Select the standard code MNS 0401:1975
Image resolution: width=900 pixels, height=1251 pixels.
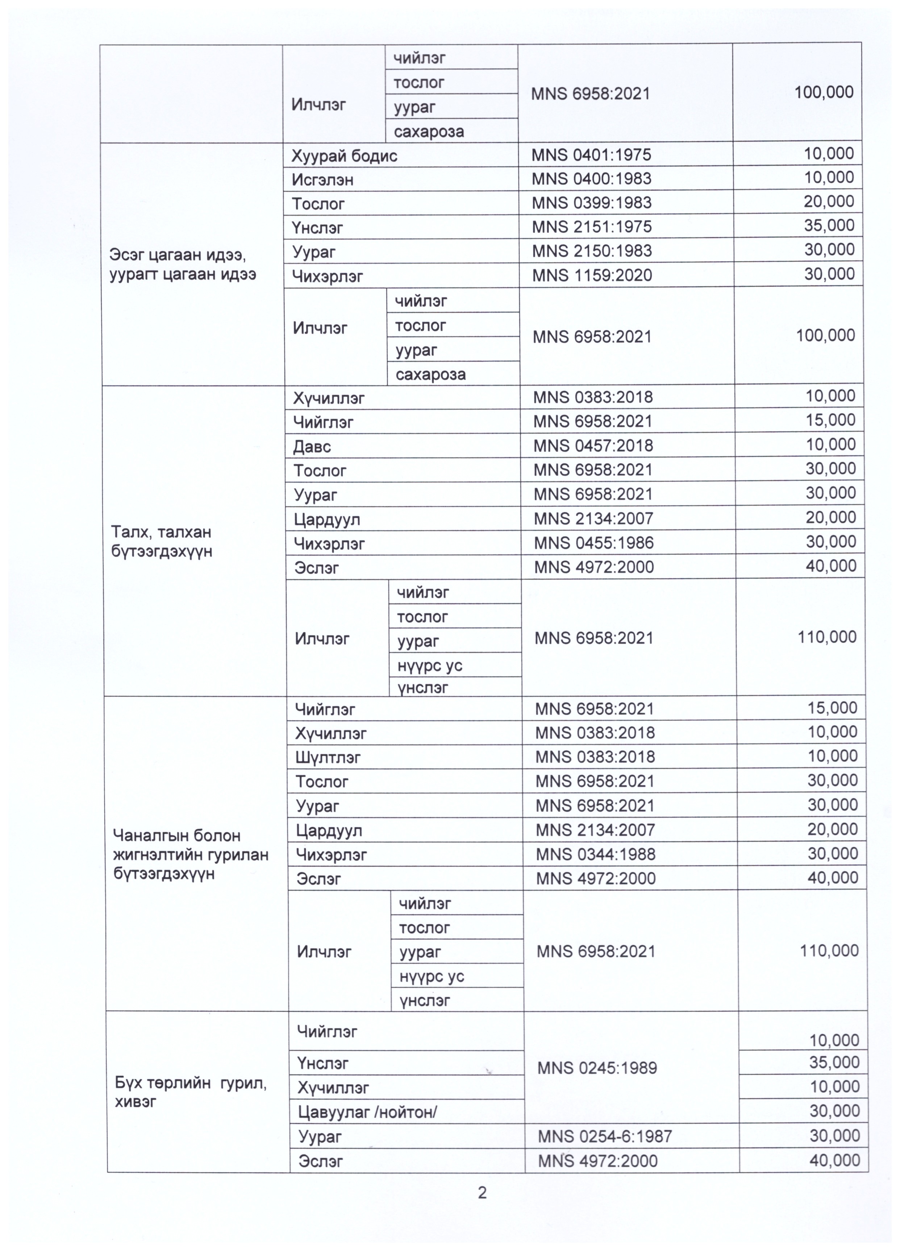click(591, 154)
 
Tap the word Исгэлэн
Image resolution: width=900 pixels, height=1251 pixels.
click(322, 180)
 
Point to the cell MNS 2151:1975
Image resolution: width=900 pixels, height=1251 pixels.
click(592, 227)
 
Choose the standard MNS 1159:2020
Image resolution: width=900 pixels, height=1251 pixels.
click(592, 275)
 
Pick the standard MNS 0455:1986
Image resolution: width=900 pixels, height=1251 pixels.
click(593, 543)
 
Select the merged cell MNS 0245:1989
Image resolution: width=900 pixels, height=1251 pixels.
click(597, 1068)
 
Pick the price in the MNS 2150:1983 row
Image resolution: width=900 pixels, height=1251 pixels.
click(829, 250)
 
